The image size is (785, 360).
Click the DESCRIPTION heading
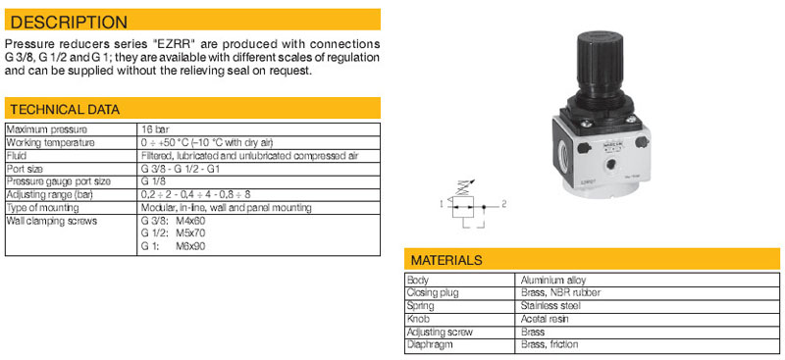(x=69, y=23)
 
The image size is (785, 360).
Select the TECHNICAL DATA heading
(x=65, y=110)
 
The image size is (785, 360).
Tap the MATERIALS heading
(x=446, y=260)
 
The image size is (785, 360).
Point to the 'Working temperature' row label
(x=51, y=142)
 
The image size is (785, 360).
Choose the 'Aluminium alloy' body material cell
(x=553, y=281)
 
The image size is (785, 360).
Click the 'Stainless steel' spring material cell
(x=550, y=306)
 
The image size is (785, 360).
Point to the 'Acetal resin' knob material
(x=545, y=319)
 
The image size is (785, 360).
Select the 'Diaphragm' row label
(x=430, y=345)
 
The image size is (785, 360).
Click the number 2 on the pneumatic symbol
(x=504, y=204)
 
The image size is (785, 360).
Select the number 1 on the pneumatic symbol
(x=441, y=204)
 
